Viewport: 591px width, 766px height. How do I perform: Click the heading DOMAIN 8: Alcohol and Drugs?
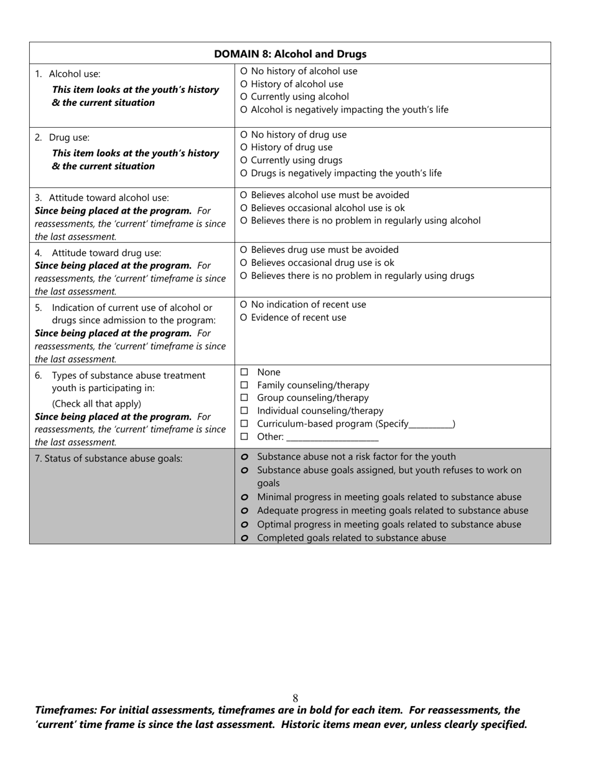290,54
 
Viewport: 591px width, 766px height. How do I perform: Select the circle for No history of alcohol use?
243,72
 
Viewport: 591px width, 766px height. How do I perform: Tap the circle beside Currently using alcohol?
243,97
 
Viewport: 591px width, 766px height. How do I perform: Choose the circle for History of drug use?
243,148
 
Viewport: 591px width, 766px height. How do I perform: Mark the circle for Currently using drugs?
243,161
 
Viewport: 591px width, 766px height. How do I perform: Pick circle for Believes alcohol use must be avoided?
243,196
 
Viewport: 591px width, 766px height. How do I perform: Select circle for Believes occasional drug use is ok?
243,263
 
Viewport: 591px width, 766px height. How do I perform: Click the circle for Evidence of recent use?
243,318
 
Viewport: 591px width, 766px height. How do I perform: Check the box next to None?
244,372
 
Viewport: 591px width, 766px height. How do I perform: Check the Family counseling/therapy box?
244,385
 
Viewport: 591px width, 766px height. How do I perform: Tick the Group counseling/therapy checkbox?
244,398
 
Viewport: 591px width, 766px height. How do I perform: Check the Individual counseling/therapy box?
244,411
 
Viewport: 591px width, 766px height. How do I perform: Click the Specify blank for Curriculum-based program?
431,425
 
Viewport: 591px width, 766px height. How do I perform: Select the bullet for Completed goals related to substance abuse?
244,538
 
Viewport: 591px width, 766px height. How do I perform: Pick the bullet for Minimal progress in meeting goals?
244,498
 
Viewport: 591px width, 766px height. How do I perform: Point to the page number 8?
295,699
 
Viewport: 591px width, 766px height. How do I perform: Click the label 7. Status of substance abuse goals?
109,459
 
